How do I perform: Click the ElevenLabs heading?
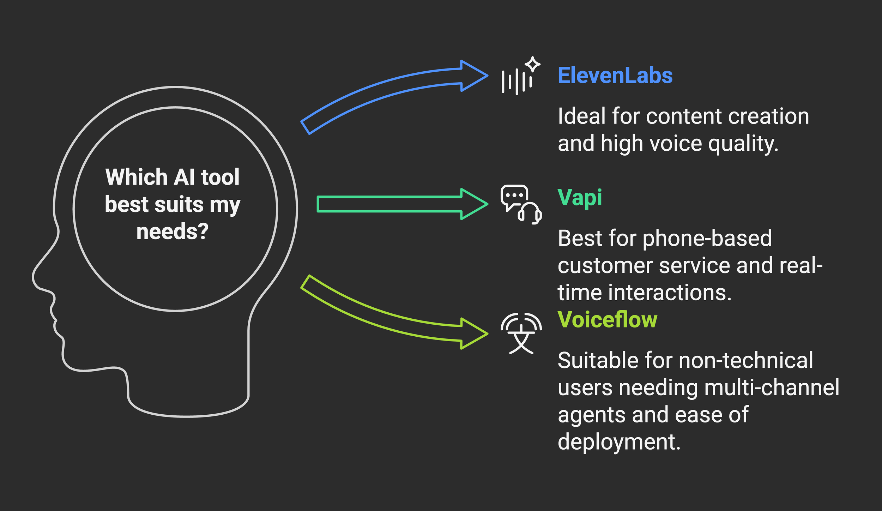[615, 76]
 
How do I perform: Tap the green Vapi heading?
[580, 197]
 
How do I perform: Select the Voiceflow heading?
[607, 320]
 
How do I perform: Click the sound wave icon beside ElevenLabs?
[517, 82]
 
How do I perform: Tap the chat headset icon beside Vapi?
[521, 204]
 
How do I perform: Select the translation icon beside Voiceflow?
[521, 333]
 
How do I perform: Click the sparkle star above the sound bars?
[532, 64]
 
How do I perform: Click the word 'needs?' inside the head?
[173, 232]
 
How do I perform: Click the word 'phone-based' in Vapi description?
[707, 238]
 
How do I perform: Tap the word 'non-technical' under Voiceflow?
[745, 361]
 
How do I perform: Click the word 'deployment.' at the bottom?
[619, 442]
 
